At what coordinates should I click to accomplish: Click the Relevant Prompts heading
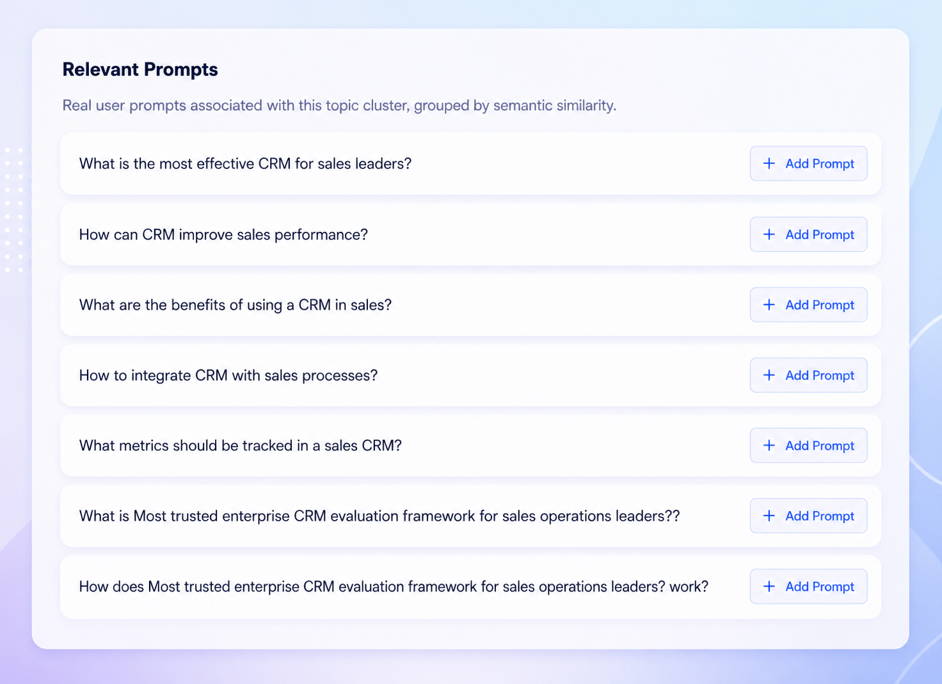coord(140,69)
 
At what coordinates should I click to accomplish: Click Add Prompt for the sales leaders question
coord(808,163)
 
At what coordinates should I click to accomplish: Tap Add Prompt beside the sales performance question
coord(808,234)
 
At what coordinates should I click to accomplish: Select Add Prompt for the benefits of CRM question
coord(808,305)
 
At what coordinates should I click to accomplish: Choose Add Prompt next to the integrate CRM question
coord(808,375)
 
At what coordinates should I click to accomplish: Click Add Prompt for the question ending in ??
coord(808,516)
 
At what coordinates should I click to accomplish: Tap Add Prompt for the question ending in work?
coord(808,587)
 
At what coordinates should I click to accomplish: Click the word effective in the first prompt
coord(225,163)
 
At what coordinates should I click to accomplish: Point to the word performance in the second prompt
coord(321,235)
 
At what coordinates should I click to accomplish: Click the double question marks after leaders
coord(672,516)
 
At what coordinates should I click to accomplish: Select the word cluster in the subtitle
coord(387,105)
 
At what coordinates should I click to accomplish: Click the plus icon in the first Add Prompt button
coord(769,163)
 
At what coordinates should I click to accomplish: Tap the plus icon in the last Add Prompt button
coord(769,587)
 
